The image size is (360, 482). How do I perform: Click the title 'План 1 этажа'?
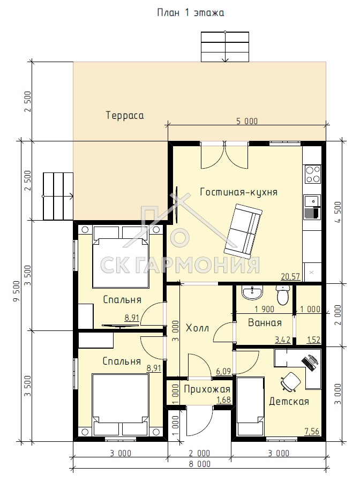pos(190,13)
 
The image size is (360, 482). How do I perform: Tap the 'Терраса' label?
pos(125,115)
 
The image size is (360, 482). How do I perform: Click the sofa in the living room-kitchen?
pos(243,231)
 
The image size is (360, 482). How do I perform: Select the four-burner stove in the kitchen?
pos(312,174)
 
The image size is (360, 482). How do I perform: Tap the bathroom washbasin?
pos(252,292)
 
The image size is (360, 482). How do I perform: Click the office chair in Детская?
pos(290,382)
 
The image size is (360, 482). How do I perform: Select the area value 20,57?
pos(290,276)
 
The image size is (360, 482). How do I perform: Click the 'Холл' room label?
pos(197,328)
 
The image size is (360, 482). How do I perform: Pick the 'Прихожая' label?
pos(207,389)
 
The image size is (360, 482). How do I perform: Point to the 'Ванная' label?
pos(265,322)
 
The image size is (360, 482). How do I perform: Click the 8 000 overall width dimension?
pos(200,464)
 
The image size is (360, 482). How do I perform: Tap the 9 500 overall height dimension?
pos(17,291)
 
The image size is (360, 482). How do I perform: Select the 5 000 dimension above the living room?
pos(247,121)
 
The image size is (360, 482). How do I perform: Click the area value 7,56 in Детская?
pos(312,431)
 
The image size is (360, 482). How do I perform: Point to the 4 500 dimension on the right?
pos(338,213)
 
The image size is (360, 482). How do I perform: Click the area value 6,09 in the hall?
pos(223,371)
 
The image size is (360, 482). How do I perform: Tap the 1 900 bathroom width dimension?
pos(265,309)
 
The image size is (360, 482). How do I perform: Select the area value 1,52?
pos(313,340)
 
